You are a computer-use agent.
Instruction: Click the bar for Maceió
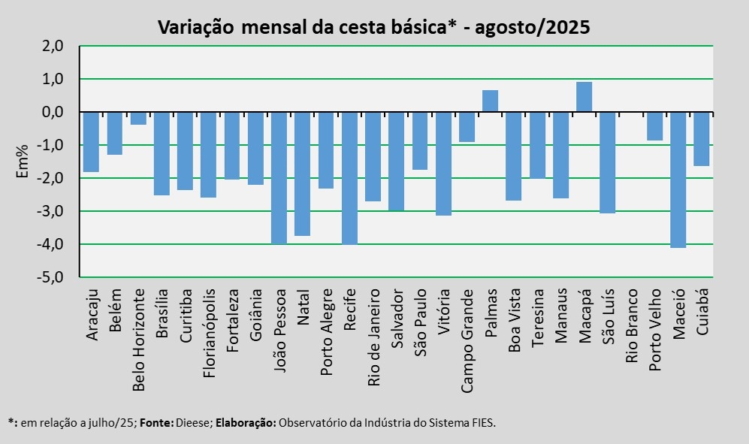pyautogui.click(x=678, y=180)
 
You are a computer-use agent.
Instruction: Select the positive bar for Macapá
pyautogui.click(x=584, y=97)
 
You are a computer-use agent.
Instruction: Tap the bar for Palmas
pyautogui.click(x=490, y=101)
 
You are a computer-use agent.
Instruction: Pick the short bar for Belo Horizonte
pyautogui.click(x=138, y=119)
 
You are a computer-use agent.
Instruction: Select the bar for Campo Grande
pyautogui.click(x=467, y=127)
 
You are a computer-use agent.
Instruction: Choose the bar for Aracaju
pyautogui.click(x=91, y=142)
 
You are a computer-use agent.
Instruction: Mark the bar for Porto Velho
pyautogui.click(x=654, y=126)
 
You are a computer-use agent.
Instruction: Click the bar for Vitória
pyautogui.click(x=443, y=164)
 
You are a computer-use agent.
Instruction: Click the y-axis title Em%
pyautogui.click(x=22, y=161)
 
